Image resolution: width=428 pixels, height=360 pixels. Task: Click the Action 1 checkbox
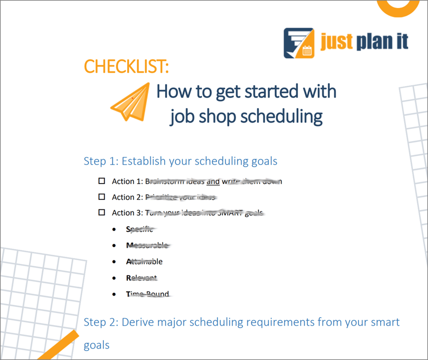point(102,181)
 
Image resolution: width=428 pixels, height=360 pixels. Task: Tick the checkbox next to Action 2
point(102,197)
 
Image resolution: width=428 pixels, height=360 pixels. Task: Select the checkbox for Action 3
point(102,212)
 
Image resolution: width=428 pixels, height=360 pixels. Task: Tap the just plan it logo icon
point(299,43)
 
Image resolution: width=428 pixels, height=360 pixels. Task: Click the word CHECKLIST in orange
point(119,66)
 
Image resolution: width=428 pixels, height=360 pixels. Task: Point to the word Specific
point(140,229)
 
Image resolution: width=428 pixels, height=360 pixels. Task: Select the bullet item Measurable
point(147,245)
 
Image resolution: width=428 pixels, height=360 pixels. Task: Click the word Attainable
point(144,261)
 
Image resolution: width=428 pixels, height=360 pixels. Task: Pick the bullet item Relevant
point(142,278)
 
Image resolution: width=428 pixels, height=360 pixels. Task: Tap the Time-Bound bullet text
point(148,294)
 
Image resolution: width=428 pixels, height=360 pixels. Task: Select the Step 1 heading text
point(181,161)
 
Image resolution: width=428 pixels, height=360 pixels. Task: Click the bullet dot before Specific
point(115,229)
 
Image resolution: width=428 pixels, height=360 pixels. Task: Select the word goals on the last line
point(96,345)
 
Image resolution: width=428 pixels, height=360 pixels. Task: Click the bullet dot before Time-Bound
point(115,294)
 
